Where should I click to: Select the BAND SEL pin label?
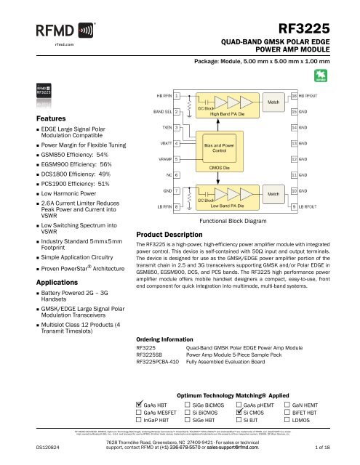(160, 112)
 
